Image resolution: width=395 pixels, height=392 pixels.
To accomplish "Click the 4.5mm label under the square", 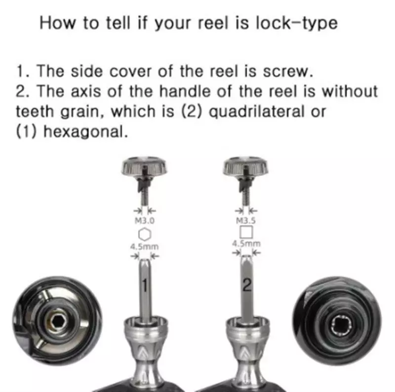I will (246, 243).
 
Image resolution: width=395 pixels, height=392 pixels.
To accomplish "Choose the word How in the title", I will (55, 23).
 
